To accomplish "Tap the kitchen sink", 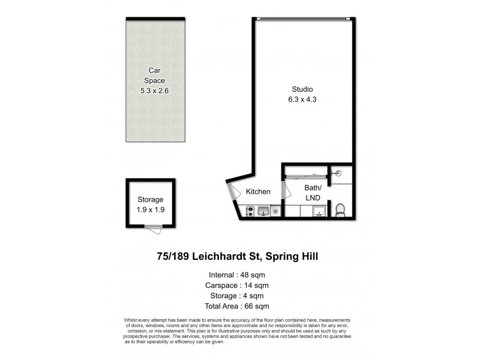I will (263, 211).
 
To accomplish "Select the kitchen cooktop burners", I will (249, 211).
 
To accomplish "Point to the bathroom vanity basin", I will (320, 211).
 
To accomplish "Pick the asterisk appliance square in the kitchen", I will (275, 211).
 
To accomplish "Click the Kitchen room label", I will (258, 192).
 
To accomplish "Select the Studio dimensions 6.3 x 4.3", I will (301, 100).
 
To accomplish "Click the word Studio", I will (301, 89).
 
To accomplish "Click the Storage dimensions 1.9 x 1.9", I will (150, 209).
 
